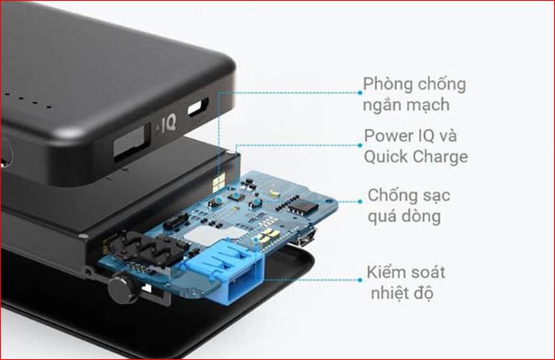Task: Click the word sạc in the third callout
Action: [437, 195]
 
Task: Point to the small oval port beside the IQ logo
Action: [197, 108]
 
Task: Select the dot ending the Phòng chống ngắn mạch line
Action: [360, 93]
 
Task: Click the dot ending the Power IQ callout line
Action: [360, 145]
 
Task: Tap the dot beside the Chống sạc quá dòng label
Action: [360, 201]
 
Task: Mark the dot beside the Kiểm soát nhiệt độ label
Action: [360, 280]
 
